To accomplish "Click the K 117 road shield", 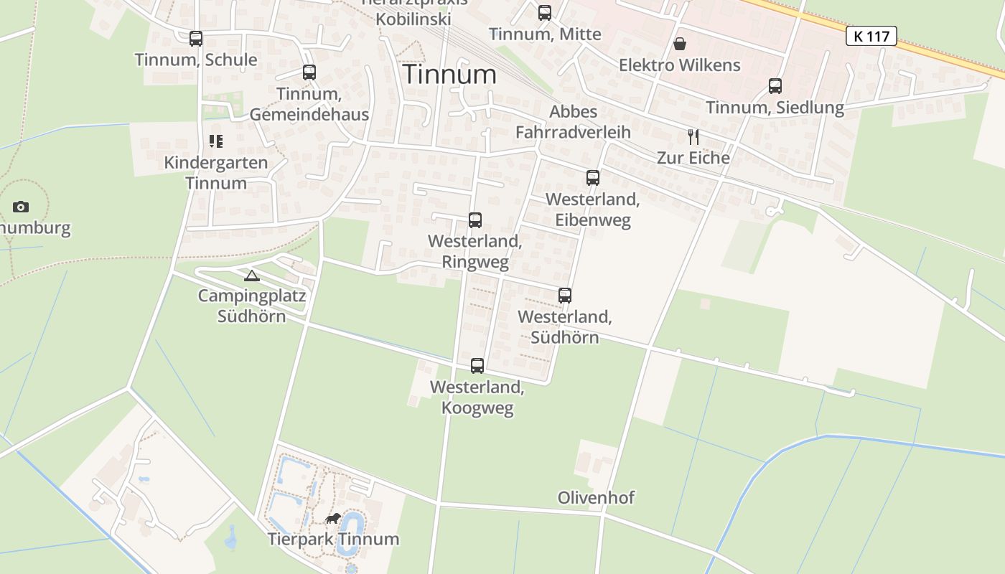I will pos(871,36).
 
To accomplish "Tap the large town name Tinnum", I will pos(449,75).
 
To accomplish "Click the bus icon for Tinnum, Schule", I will pos(196,39).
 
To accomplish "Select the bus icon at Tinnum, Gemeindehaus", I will pos(309,72).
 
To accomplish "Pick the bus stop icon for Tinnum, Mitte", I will pos(545,13).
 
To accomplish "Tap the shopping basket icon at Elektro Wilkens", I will pos(680,44).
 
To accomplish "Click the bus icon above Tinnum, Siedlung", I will pos(775,86).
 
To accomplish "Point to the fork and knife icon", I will pos(693,137).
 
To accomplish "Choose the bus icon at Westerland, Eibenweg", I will pos(593,178).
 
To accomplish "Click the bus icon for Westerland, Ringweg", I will pos(475,220).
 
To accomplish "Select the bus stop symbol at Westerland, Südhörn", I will pos(565,296).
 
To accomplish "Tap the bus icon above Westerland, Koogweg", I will pos(477,366).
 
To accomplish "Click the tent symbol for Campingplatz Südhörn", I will pos(252,276).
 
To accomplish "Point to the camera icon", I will pos(21,207).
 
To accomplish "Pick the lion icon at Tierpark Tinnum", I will pos(333,518).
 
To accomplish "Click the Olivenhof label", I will pos(596,498).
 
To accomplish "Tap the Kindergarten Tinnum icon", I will pos(216,141).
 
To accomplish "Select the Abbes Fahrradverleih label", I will pos(573,122).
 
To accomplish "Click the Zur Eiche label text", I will pos(693,158).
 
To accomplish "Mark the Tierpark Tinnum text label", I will pos(333,540).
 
